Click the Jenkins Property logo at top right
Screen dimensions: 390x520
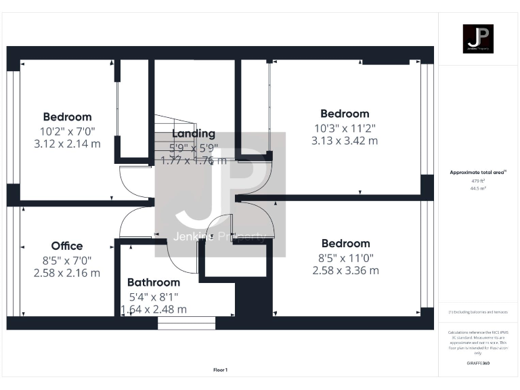[x=478, y=39]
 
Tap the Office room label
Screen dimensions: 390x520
[x=67, y=246]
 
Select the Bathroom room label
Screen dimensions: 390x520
[x=154, y=282]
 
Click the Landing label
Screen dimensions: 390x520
[x=194, y=133]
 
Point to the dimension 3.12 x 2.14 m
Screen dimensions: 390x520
[x=67, y=144]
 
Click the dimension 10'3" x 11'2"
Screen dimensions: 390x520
[x=345, y=127]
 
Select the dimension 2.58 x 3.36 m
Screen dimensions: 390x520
[x=345, y=270]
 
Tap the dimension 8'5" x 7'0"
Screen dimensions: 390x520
[x=67, y=259]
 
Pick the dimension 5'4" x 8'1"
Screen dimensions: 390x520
[x=154, y=296]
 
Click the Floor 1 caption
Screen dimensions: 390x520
[x=221, y=370]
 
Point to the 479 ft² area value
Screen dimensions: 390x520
[x=479, y=181]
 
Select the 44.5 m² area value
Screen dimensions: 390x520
[x=479, y=188]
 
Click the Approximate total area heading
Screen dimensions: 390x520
[x=478, y=173]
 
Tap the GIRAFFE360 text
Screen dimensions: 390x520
[x=479, y=364]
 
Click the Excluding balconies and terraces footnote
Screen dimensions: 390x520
[x=478, y=311]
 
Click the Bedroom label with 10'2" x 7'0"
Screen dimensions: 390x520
[x=67, y=116]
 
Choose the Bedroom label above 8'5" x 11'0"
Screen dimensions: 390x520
[x=345, y=243]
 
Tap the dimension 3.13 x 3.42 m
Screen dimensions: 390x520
[x=345, y=141]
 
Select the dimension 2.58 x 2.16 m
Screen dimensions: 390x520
[x=67, y=273]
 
